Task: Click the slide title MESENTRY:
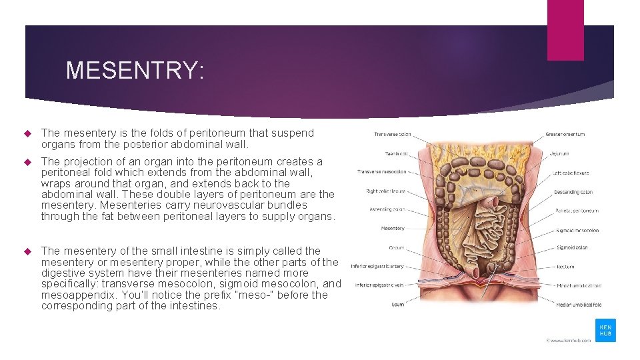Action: click(135, 70)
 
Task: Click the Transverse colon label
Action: click(393, 134)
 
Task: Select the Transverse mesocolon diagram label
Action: click(382, 172)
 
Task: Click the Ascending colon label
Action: click(387, 209)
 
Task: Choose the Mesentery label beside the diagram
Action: click(393, 229)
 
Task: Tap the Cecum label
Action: click(397, 247)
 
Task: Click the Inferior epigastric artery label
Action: click(377, 266)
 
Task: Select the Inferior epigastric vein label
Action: click(379, 285)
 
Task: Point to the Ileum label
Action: click(398, 305)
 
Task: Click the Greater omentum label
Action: click(565, 134)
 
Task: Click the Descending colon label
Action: click(573, 192)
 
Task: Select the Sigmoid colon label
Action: click(572, 247)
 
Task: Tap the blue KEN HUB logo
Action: click(605, 331)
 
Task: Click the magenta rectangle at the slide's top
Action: click(565, 30)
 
